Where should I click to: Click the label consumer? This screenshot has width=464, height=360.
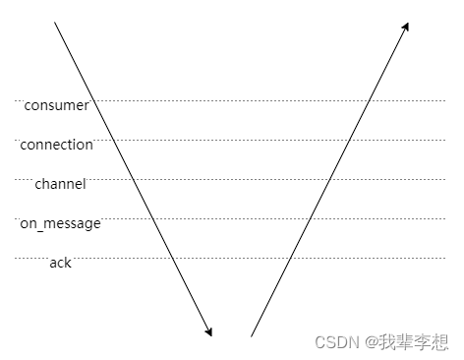(56, 105)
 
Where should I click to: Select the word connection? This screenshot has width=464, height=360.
(56, 145)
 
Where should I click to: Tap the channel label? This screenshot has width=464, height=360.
(60, 184)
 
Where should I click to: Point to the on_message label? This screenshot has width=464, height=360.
(60, 223)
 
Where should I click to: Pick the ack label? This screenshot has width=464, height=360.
(60, 263)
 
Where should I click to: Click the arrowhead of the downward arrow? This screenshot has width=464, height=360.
(209, 332)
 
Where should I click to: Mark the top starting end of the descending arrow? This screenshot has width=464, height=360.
(54, 22)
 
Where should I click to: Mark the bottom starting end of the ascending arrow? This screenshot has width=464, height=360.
(252, 336)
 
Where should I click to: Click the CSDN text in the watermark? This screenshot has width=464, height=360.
(335, 340)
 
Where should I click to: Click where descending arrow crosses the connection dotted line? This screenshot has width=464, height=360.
(113, 140)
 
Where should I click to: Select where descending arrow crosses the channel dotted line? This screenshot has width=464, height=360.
(133, 179)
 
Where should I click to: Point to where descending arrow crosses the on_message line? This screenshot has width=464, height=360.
(152, 218)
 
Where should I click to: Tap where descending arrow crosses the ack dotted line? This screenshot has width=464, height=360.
(172, 258)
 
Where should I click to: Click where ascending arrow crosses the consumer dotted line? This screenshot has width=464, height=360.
(369, 100)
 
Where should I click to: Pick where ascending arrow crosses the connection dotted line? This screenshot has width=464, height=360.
(349, 140)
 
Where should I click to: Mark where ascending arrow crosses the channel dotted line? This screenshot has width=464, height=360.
(329, 179)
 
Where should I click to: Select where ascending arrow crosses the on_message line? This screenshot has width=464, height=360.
(310, 218)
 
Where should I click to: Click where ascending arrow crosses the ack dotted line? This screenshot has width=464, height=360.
(290, 258)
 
